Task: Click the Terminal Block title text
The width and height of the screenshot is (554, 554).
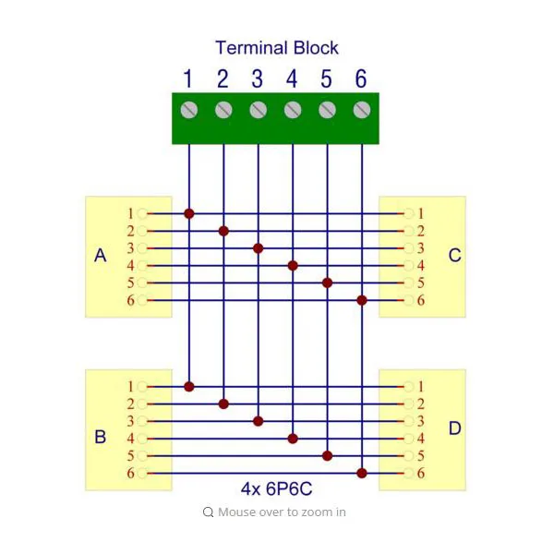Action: coord(277,48)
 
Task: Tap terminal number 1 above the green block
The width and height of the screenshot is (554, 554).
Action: coord(188,78)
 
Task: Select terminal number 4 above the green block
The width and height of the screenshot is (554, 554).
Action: coord(292,78)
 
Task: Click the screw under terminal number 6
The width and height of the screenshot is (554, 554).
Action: coord(361,110)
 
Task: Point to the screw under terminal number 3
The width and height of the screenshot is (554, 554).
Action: coord(258,110)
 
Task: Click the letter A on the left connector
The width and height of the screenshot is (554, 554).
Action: coord(101,256)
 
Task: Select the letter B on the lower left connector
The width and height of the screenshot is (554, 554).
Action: coord(101,437)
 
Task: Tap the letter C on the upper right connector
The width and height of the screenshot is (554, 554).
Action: coord(454,256)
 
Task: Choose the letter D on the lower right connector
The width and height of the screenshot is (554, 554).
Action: coord(454,428)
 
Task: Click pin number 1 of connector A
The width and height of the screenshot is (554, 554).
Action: coord(131,213)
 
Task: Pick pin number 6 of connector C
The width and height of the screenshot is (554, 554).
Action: coord(420,300)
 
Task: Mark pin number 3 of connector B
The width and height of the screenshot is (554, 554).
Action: coord(131,421)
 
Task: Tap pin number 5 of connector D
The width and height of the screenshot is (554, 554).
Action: coord(420,455)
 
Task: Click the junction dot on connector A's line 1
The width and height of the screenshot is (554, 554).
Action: coord(189,213)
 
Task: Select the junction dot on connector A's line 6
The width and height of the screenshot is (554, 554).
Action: coord(362,300)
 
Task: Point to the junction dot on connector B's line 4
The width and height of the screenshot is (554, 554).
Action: coord(293,439)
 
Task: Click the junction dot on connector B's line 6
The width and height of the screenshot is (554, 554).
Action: coord(362,473)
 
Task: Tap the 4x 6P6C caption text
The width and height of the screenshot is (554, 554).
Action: coord(276,489)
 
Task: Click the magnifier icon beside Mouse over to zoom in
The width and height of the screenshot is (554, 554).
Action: coord(209,512)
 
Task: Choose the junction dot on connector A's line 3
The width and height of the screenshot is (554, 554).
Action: coord(259,248)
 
